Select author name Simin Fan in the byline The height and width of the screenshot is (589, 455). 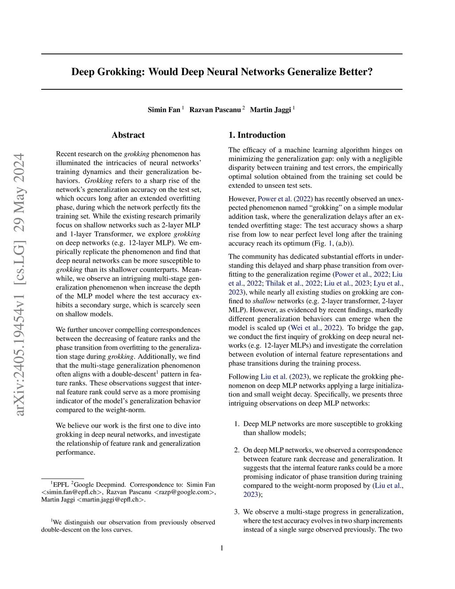164,110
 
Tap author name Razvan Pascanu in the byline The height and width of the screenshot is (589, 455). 215,110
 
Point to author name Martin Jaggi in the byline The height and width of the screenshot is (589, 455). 270,110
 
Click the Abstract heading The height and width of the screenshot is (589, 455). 128,135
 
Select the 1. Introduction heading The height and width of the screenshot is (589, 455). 257,135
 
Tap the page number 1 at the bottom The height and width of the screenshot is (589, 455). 222,548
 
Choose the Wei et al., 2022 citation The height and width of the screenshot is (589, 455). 315,328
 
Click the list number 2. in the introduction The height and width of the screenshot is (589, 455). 237,450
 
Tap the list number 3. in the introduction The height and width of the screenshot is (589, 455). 237,512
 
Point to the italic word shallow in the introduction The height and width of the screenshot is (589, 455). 264,301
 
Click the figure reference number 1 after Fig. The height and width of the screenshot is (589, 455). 330,243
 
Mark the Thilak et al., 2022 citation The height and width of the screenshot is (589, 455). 287,283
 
